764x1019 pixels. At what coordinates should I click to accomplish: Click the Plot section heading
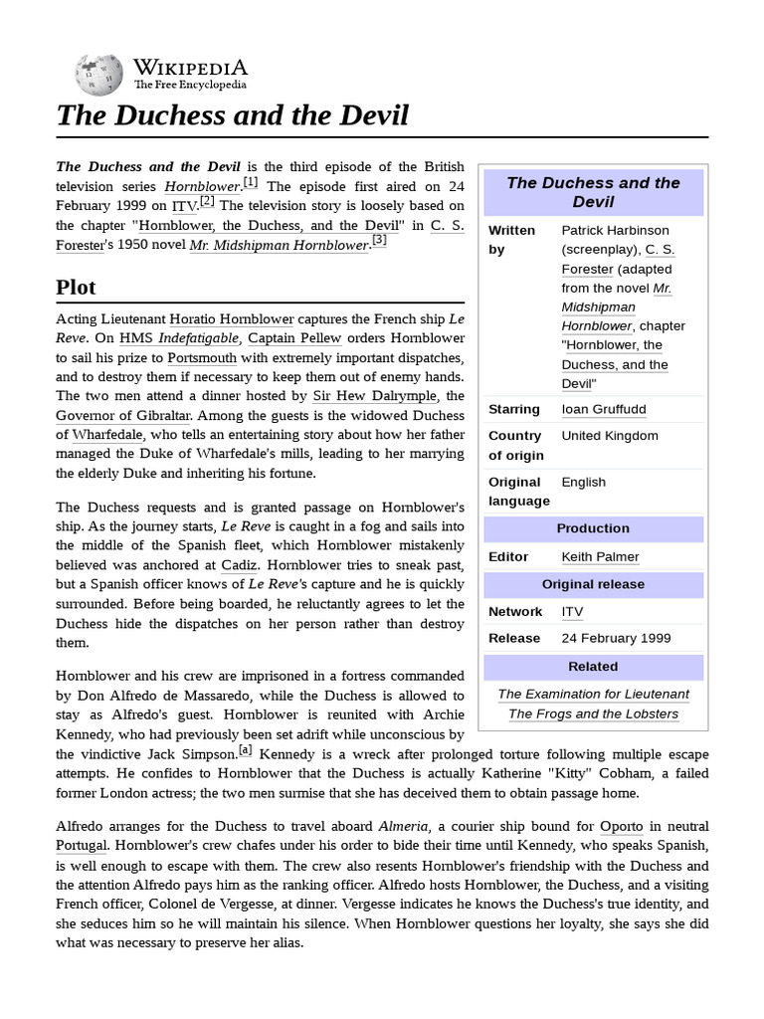76,288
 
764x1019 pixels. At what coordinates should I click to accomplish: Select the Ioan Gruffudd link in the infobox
604,409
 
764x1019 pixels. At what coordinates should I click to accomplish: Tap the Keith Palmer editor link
600,556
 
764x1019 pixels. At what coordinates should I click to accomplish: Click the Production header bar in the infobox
593,528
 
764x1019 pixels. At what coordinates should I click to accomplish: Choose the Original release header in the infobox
593,584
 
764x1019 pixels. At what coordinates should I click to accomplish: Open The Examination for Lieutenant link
593,694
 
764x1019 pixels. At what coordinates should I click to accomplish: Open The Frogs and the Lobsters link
593,713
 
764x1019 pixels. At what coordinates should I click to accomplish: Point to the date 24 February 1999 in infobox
616,638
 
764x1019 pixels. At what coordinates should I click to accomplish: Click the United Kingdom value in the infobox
609,436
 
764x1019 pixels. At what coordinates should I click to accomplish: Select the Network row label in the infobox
515,611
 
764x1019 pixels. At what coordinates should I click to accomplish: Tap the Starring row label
514,409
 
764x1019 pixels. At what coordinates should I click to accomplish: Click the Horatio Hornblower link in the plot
231,319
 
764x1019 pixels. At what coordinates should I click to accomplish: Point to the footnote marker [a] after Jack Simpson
245,750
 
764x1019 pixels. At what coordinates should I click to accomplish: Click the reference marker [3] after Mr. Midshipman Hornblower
379,240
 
